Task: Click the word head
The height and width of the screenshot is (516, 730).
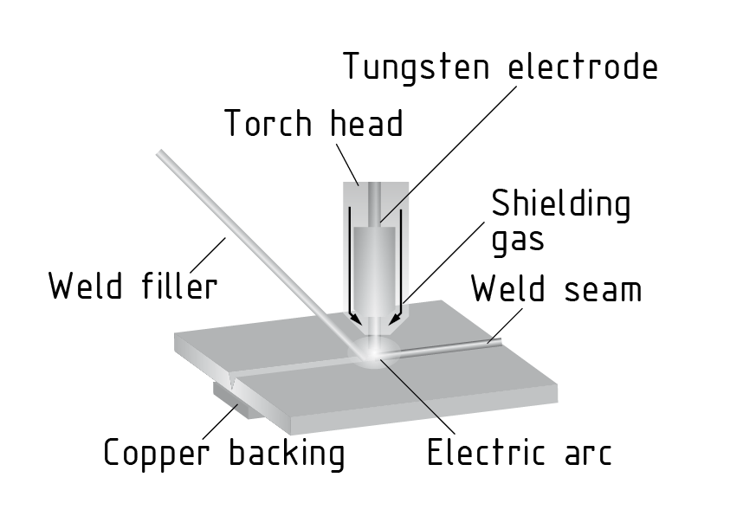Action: click(x=367, y=123)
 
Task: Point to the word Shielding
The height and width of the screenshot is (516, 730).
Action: click(x=561, y=205)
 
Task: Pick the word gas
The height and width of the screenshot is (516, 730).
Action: click(x=518, y=240)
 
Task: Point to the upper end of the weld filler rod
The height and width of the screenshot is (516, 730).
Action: click(x=160, y=153)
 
